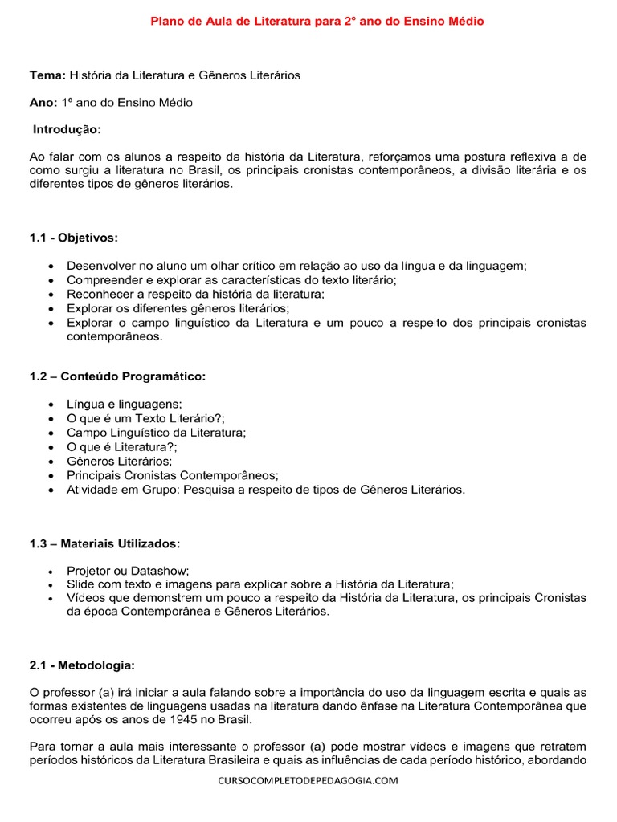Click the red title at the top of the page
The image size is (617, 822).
(x=317, y=22)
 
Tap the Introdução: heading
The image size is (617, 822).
(x=67, y=129)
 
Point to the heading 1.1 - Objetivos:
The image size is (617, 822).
(x=74, y=238)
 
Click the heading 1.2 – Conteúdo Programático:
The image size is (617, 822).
(x=117, y=377)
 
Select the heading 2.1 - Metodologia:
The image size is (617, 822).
(x=83, y=665)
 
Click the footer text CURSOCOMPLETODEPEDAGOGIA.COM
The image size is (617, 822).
(x=308, y=780)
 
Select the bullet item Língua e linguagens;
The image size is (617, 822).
(x=125, y=404)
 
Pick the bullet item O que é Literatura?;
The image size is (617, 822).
(x=122, y=446)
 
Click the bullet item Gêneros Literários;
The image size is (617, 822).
(x=120, y=461)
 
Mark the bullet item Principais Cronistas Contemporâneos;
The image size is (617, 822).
(x=172, y=475)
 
